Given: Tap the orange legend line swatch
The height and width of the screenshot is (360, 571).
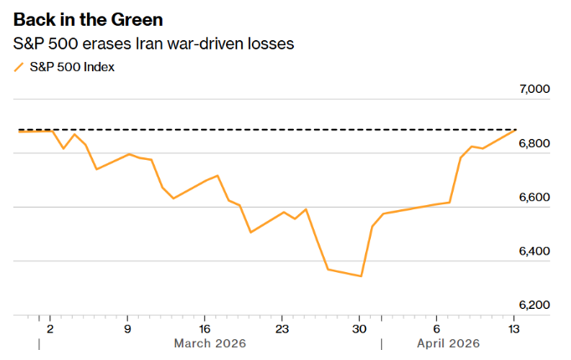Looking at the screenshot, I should click(19, 67).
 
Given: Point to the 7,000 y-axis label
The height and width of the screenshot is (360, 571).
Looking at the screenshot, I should click(533, 90).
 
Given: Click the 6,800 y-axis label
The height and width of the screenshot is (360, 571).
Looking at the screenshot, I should click(533, 144).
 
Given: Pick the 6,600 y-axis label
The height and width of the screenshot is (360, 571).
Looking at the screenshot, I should click(533, 198).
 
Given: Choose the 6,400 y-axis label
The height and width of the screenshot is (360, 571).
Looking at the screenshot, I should click(533, 251).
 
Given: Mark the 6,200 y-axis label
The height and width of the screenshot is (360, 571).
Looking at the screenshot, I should click(533, 305).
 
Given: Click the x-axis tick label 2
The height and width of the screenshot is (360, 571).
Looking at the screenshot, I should click(50, 329).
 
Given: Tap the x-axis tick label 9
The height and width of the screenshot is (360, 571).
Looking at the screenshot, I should click(127, 329).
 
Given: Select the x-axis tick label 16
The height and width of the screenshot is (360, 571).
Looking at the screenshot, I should click(204, 329).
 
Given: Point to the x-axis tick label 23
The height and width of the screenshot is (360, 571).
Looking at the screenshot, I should click(282, 329).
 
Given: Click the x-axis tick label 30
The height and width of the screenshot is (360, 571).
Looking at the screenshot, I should click(359, 329).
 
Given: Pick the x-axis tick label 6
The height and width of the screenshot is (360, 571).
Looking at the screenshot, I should click(436, 329).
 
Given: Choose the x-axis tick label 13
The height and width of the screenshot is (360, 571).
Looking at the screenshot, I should click(513, 329).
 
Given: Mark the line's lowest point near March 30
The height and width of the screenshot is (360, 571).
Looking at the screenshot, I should click(361, 276).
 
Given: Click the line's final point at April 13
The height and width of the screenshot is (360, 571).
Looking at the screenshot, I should click(515, 130).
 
